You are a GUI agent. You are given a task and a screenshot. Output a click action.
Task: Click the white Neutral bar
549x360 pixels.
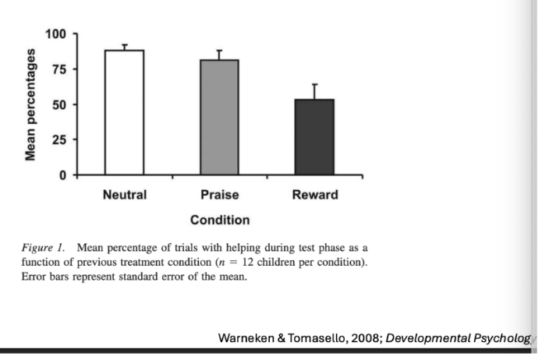point(124,112)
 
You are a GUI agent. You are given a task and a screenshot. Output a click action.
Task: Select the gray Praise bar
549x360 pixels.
point(220,117)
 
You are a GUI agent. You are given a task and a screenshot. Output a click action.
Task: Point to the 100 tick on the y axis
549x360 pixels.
point(55,34)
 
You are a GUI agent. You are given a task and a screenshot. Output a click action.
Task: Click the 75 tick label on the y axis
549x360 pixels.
point(59,69)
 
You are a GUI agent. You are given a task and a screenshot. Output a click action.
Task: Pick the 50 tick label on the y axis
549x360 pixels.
point(59,104)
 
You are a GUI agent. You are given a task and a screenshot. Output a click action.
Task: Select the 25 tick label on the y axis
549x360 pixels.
point(59,140)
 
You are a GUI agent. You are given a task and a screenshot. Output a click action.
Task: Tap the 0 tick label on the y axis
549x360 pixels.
point(64,175)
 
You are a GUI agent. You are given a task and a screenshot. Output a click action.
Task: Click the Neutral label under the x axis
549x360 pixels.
point(124,195)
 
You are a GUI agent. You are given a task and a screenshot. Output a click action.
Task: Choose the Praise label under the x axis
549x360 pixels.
point(220,195)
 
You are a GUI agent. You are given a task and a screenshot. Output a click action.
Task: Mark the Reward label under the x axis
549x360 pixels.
point(314,195)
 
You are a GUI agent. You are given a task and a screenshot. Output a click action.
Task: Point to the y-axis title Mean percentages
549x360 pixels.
point(31,104)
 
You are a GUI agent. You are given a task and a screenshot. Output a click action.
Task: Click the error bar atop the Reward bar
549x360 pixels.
point(314,91)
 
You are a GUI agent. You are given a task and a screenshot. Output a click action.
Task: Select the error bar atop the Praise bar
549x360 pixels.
point(220,55)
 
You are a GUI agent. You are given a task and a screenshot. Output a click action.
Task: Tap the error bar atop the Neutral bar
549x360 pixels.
point(124,47)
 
